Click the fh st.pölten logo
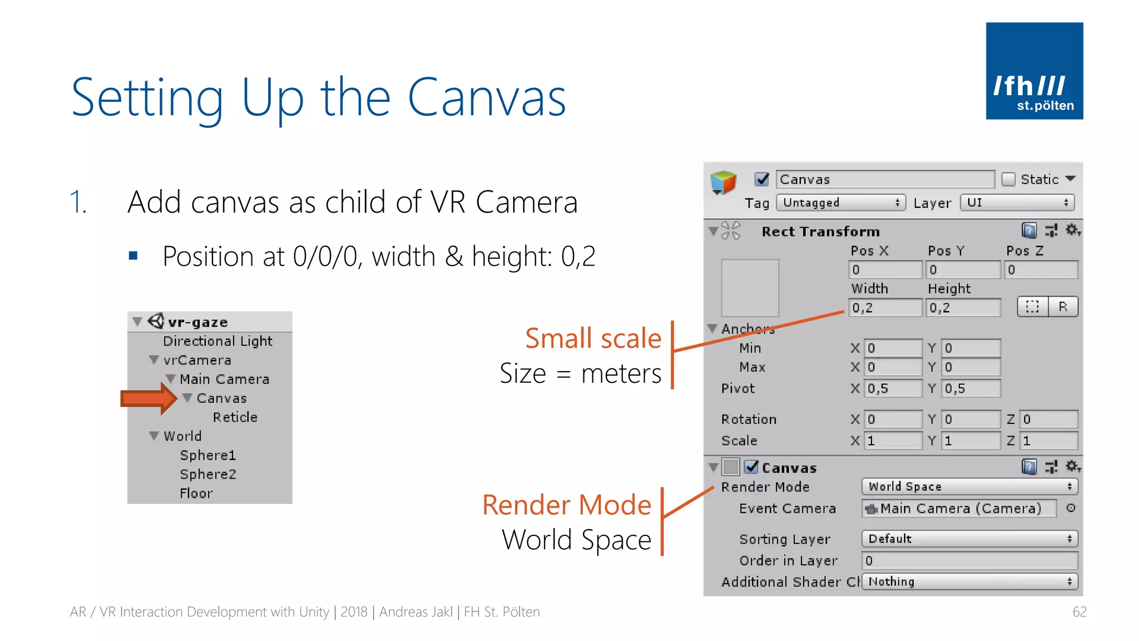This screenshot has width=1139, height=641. pos(1034,71)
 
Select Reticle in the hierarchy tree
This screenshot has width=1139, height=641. pos(235,417)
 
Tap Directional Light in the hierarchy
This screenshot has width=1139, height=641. pos(217,341)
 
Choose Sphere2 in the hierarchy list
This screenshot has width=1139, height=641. pos(208,474)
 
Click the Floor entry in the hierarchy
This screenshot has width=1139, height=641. pos(196,493)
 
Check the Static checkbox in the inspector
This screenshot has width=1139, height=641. pos(1008,179)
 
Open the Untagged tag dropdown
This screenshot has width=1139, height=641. pos(840,203)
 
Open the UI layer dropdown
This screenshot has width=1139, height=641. pos(1017,203)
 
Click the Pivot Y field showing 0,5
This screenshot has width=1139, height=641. pos(971,388)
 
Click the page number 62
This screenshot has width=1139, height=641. pos(1079,612)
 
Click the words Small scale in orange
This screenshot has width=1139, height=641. pos(593,338)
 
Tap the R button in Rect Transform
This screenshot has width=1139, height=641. pos(1063,307)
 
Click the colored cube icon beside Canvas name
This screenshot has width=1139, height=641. pos(723,182)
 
